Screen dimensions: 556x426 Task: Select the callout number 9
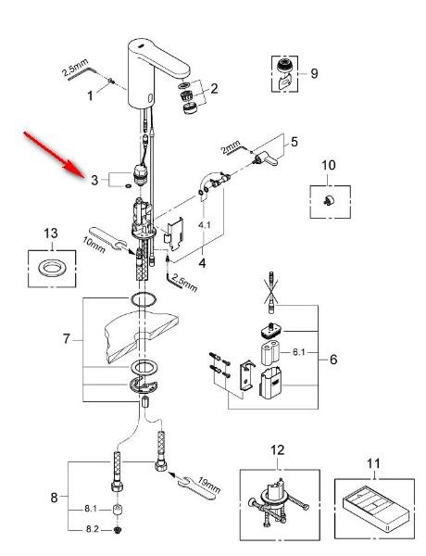pyautogui.click(x=314, y=72)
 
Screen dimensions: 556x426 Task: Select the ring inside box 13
pyautogui.click(x=53, y=272)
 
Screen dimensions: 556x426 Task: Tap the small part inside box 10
pyautogui.click(x=328, y=199)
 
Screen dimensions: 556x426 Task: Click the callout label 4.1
pyautogui.click(x=205, y=223)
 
